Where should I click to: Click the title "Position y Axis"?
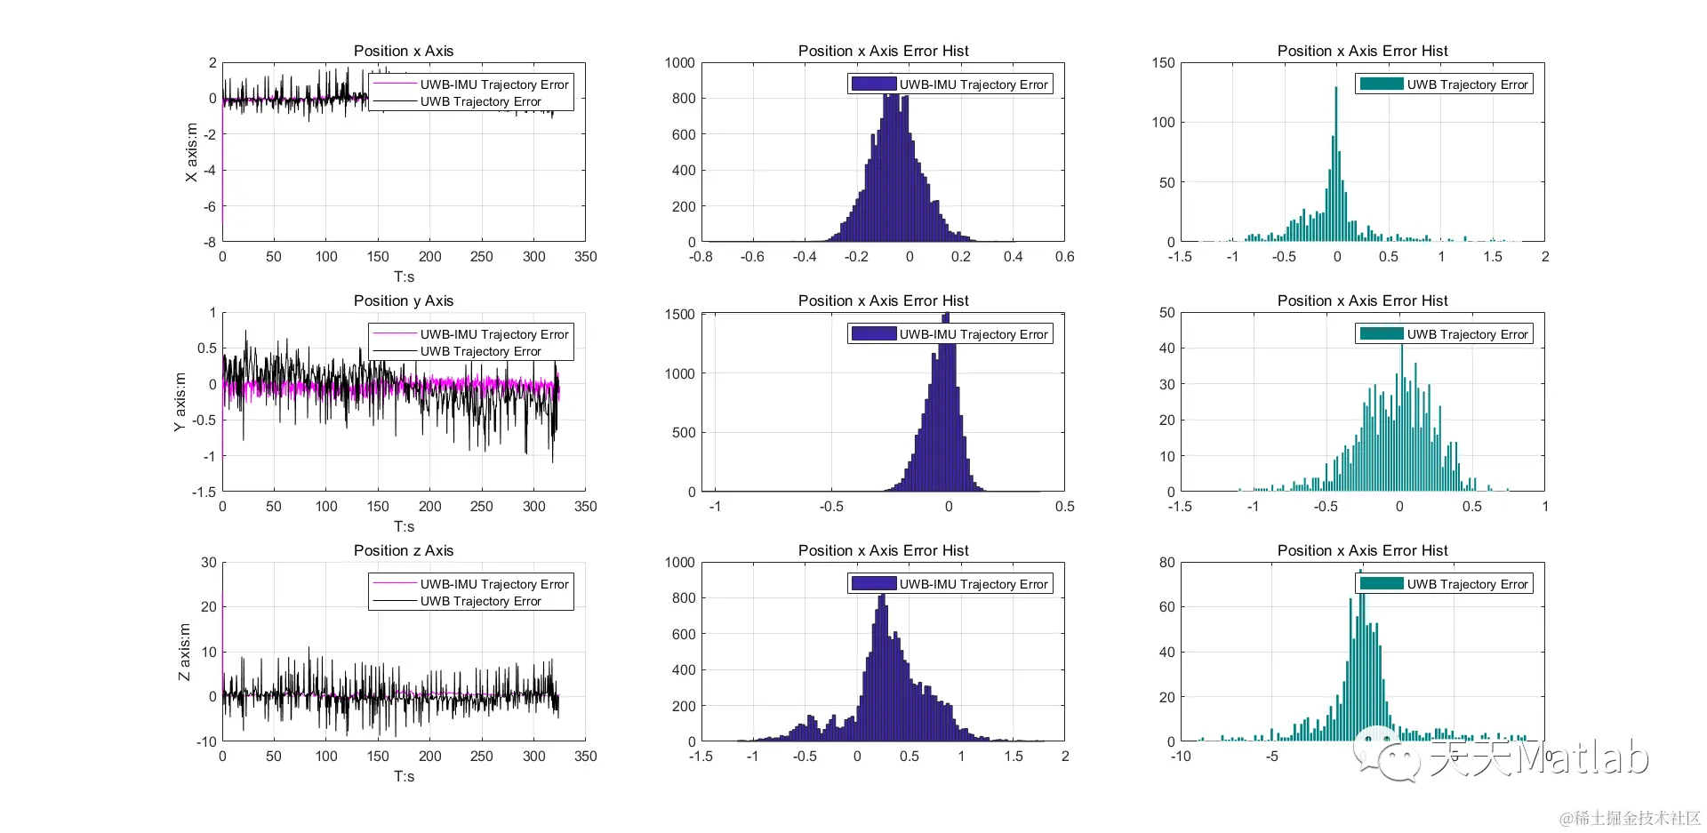tap(404, 300)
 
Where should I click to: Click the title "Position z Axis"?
tap(404, 550)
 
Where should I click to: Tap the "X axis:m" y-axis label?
tap(191, 152)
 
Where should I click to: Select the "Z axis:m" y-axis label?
tap(184, 652)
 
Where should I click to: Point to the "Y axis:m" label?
tap(180, 402)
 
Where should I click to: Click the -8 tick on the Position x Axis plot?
tap(209, 242)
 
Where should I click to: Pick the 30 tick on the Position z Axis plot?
tap(209, 562)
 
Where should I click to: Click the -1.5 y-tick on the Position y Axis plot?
tap(204, 492)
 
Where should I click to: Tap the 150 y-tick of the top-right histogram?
tap(1163, 63)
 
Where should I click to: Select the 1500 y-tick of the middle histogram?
tap(679, 314)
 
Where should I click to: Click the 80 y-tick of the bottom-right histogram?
tap(1166, 562)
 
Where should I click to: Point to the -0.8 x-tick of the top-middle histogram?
tap(701, 257)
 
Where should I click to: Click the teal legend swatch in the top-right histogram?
tap(1382, 84)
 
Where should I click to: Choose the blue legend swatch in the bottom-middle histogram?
tap(873, 584)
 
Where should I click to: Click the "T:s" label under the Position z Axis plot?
tap(404, 776)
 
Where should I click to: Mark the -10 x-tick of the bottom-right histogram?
tap(1181, 757)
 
